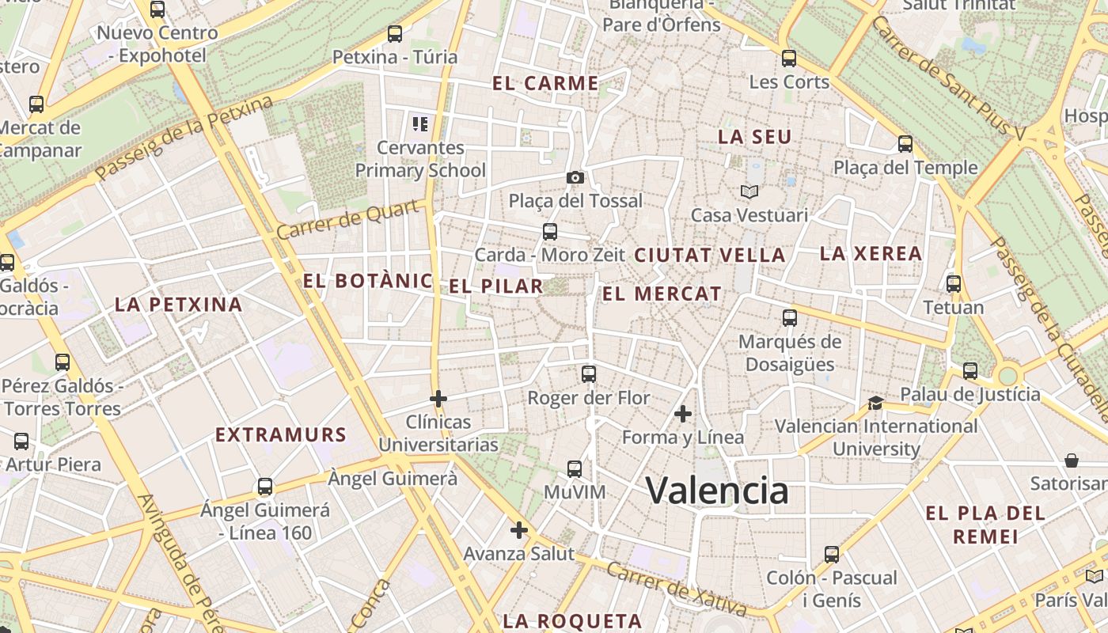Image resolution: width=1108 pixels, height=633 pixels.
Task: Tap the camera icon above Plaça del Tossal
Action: click(x=575, y=177)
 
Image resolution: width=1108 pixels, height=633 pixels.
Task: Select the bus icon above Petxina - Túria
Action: click(x=395, y=34)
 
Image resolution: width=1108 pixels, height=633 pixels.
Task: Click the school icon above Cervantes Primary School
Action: click(x=419, y=123)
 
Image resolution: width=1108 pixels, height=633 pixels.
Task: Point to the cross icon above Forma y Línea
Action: click(x=683, y=413)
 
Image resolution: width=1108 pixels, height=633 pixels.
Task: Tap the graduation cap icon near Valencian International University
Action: click(x=875, y=403)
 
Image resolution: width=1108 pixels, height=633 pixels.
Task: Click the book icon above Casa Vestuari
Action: click(x=749, y=191)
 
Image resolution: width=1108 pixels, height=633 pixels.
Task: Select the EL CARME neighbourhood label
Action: click(x=545, y=83)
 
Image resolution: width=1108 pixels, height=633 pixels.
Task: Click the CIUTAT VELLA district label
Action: click(x=710, y=255)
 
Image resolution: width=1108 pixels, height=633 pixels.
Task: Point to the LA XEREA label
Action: click(x=871, y=254)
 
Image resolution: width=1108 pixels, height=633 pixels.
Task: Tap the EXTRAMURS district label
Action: click(x=281, y=434)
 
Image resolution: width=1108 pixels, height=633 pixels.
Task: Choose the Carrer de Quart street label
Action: click(x=347, y=220)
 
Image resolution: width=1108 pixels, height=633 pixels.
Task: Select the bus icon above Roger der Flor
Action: click(x=588, y=374)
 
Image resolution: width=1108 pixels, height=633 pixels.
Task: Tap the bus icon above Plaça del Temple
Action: click(x=905, y=144)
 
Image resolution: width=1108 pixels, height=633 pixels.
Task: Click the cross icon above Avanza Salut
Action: click(x=519, y=530)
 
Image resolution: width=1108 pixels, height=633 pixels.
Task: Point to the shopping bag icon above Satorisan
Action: click(x=1072, y=460)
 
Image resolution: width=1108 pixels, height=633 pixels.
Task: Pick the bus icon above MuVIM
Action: click(x=575, y=468)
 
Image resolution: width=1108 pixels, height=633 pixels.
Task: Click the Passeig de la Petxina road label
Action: click(x=184, y=137)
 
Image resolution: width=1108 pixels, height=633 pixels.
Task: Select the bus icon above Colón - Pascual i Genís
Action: click(x=831, y=554)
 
